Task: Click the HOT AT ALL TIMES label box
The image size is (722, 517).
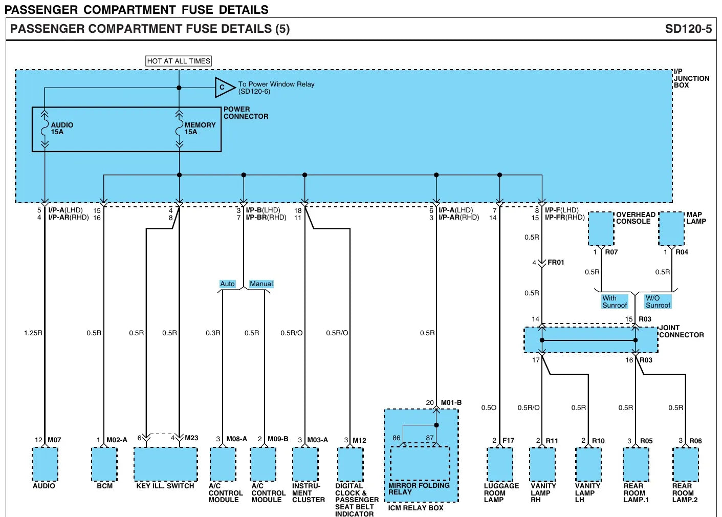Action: pos(178,61)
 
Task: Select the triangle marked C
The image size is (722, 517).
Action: pos(225,88)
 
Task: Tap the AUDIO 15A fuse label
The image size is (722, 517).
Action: pos(62,128)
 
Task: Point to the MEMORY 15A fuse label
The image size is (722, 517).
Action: pos(200,128)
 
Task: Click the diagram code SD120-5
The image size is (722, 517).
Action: pos(688,29)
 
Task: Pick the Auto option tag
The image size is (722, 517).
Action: pos(227,284)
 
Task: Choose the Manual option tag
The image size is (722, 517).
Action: pos(261,284)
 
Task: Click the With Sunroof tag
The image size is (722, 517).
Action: pos(615,301)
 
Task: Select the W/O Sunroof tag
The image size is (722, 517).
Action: pos(658,301)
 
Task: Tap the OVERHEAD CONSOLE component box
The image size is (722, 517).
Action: pos(601,229)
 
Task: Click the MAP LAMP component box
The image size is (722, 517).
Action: pos(671,229)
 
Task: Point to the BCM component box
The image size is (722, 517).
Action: pos(104,464)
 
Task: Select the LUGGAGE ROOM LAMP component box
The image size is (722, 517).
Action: pos(499,464)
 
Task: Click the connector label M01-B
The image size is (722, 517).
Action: pos(451,402)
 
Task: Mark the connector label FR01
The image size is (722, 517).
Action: pos(556,262)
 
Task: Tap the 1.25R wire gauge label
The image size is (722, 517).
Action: pos(33,333)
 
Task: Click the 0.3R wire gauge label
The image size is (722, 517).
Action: pos(213,333)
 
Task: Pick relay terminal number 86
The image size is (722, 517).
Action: pos(397,438)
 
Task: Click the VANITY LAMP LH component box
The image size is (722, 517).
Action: pos(588,464)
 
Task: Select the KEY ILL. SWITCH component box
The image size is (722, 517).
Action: pos(166,464)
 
